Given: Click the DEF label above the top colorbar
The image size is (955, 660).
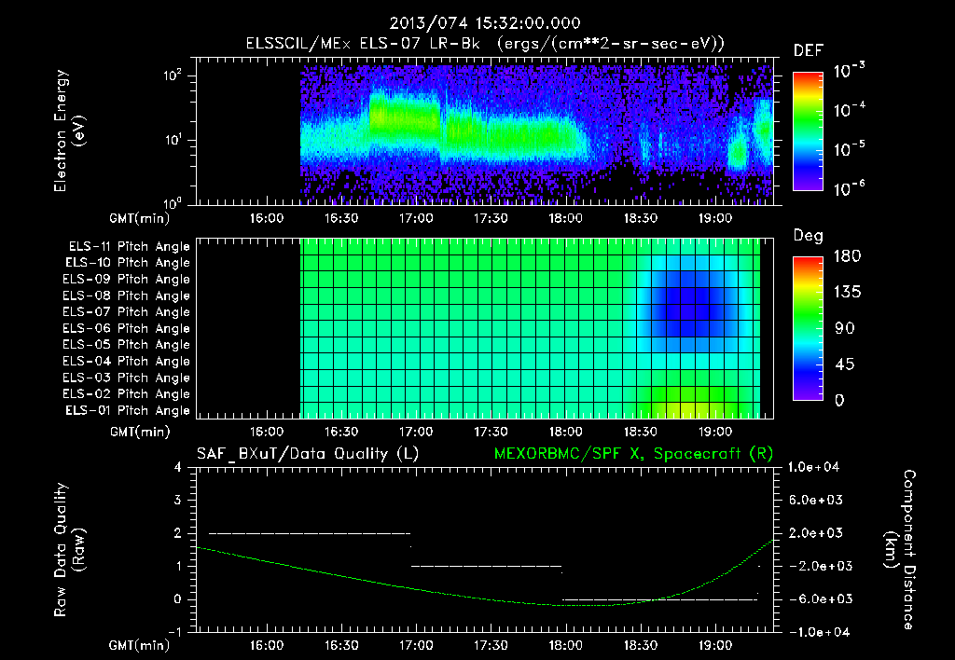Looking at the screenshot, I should [x=808, y=51].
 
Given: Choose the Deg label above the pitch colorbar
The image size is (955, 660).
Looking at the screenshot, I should [x=808, y=236].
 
